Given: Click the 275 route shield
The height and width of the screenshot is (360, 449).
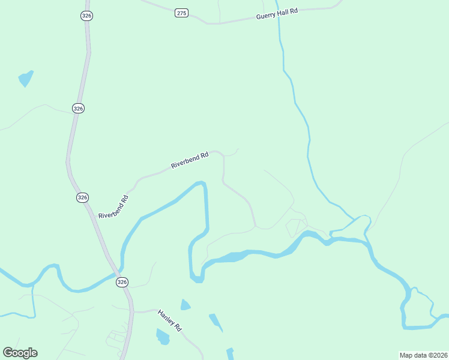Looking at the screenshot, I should tap(182, 13).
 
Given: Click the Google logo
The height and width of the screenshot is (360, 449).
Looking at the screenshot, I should tap(20, 353).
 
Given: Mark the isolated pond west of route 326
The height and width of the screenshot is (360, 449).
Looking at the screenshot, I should tap(26, 78).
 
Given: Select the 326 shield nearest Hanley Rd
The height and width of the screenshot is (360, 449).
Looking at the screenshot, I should tap(122, 281).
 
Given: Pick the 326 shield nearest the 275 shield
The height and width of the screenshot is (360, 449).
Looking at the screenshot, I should tap(86, 16).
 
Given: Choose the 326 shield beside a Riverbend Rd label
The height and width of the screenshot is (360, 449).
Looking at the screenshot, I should tap(83, 197).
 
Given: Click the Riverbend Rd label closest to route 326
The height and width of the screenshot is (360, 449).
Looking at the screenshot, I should tap(113, 206).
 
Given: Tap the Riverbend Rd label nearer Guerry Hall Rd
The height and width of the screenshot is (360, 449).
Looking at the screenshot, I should tap(189, 160).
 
